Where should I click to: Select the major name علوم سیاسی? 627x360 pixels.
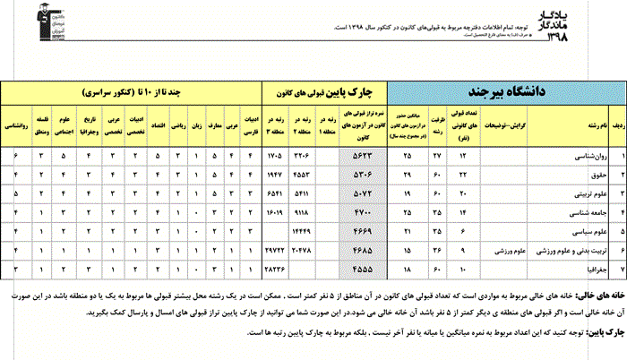tap(582, 230)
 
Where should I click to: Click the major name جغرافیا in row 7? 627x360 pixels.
tap(586, 268)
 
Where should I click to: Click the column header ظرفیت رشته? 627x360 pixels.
tap(437, 126)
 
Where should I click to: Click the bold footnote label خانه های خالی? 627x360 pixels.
tap(597, 293)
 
